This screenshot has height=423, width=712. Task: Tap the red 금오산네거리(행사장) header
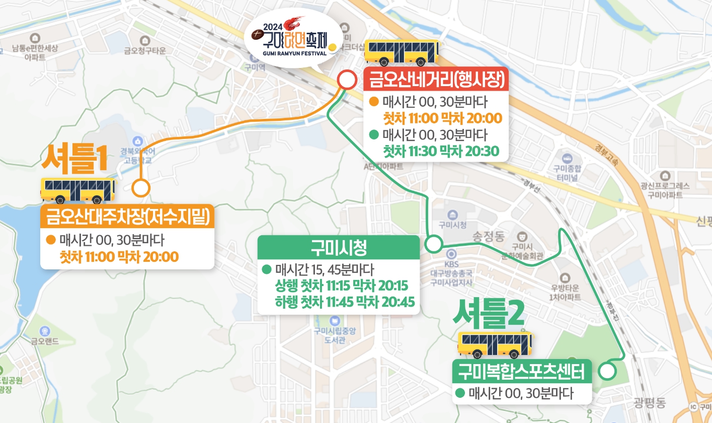click(436, 79)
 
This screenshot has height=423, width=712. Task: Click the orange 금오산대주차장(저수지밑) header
click(127, 217)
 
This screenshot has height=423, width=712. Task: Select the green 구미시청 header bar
click(338, 247)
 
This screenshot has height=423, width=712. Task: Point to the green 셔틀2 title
click(489, 313)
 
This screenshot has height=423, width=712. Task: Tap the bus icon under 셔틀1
click(77, 191)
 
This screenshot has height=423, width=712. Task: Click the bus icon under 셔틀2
click(495, 345)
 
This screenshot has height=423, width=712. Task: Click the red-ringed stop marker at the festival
click(346, 80)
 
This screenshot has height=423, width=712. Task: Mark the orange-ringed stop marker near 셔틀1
click(141, 188)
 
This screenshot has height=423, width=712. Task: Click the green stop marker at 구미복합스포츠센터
click(608, 372)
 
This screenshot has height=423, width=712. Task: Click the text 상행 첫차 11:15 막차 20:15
click(342, 286)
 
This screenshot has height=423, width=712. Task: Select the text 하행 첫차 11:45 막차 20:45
click(345, 302)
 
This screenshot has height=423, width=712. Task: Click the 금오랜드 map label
click(45, 341)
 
